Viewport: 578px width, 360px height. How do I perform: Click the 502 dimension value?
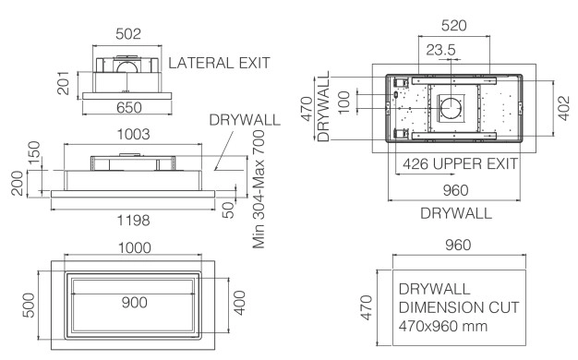point(128,34)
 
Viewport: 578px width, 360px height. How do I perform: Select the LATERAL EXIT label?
point(220,63)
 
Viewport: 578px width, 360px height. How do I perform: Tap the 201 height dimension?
point(63,83)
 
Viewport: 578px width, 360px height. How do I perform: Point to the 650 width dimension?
point(129,108)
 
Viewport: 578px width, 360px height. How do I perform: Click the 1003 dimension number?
point(134,134)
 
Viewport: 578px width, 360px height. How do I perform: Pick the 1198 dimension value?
point(134,221)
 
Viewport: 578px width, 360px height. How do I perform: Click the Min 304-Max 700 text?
point(259,189)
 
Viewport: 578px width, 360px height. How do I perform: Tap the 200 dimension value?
point(17,183)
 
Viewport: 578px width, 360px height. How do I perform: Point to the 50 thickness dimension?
point(229,210)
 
